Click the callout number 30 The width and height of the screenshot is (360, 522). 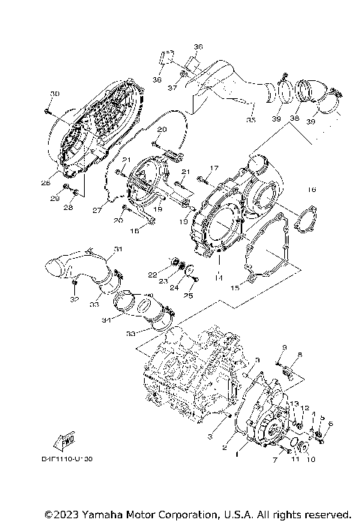pyautogui.click(x=53, y=93)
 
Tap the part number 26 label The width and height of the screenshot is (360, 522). pyautogui.click(x=46, y=182)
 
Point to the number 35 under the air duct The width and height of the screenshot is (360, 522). pyautogui.click(x=250, y=119)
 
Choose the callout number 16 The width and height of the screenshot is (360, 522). pyautogui.click(x=313, y=190)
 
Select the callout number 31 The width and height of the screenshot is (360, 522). pyautogui.click(x=118, y=249)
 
